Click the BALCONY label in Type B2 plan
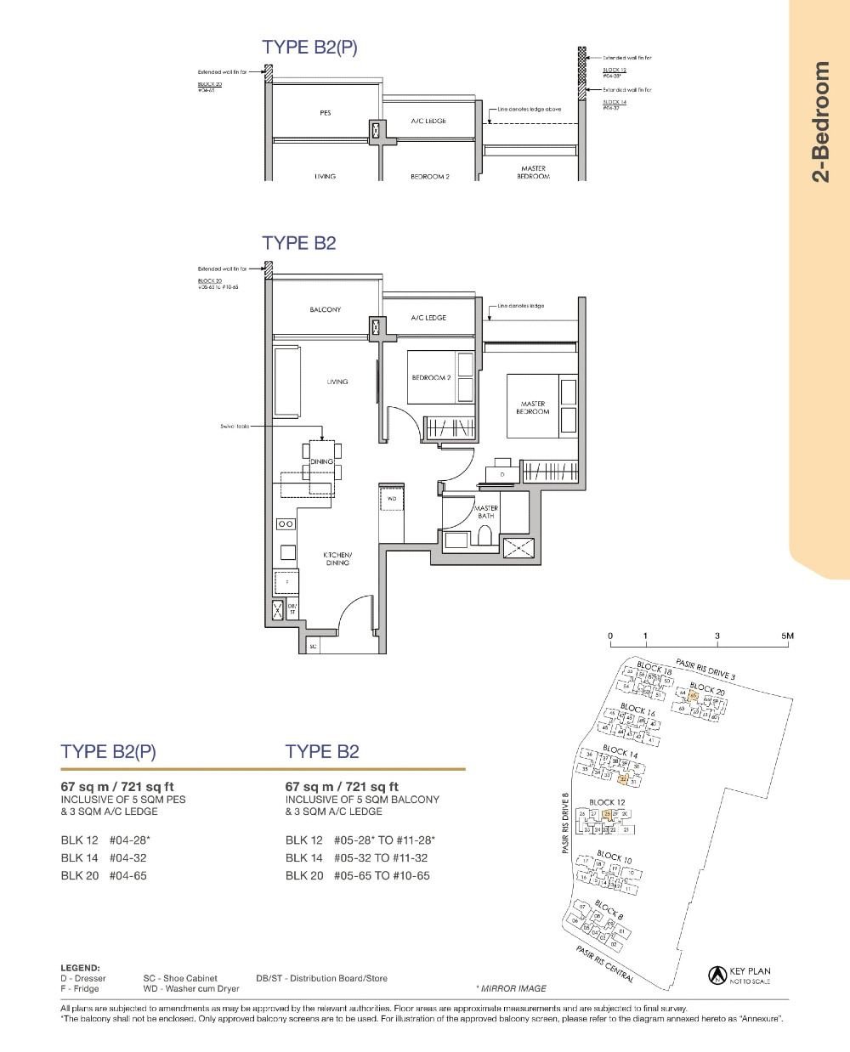coord(325,309)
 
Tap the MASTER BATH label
coord(485,512)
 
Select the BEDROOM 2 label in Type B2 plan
coord(430,377)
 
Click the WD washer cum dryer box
coord(392,499)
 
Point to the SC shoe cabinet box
coord(313,646)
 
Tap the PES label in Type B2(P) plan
coord(325,113)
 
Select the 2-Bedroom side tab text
coord(819,122)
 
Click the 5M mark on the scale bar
coord(787,636)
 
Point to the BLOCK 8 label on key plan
coord(609,910)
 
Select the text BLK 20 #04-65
coord(104,875)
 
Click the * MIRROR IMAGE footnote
coord(511,988)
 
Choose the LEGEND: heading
coord(80,967)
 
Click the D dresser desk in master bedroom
coord(501,473)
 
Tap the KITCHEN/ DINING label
coord(337,558)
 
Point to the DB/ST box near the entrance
coord(292,608)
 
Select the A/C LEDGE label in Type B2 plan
coord(428,318)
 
